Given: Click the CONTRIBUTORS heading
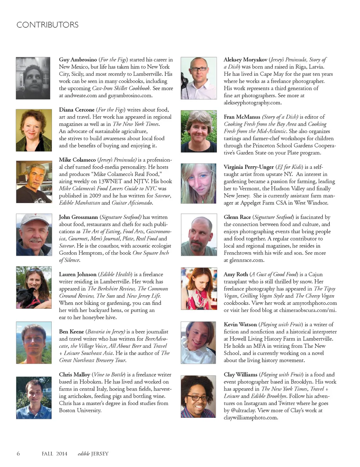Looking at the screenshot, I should (x=47, y=25).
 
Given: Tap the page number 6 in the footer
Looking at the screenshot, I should (x=18, y=454).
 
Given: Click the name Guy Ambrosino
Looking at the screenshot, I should (x=78, y=60).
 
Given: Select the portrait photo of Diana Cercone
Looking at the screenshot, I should (x=34, y=130).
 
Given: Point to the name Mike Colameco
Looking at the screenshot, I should (x=77, y=160).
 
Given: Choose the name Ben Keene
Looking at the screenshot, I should (x=71, y=332).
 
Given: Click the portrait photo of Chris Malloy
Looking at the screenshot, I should (x=34, y=398).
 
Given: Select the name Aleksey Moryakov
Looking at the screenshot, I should (x=245, y=60).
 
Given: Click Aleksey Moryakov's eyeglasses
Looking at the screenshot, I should (x=199, y=69).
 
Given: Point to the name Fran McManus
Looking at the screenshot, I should (x=242, y=117).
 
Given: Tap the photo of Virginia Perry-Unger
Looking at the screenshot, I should (x=199, y=183).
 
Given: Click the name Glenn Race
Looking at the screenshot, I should (x=237, y=217).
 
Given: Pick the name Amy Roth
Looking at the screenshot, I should (x=236, y=274).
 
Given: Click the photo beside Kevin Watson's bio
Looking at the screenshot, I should (x=198, y=343).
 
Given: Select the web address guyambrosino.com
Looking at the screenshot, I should (x=130, y=96).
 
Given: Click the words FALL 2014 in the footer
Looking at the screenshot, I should (x=54, y=454).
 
